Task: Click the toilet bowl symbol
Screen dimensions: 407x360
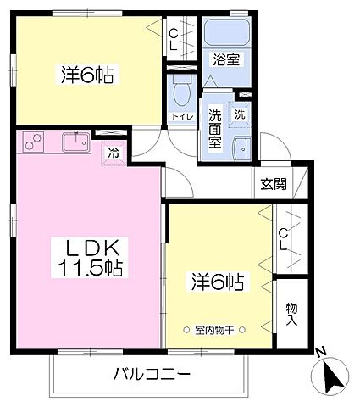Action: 180,92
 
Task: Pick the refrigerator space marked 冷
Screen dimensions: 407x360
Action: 114,153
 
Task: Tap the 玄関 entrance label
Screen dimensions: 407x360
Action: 273,183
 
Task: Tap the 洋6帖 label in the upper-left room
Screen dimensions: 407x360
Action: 86,75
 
